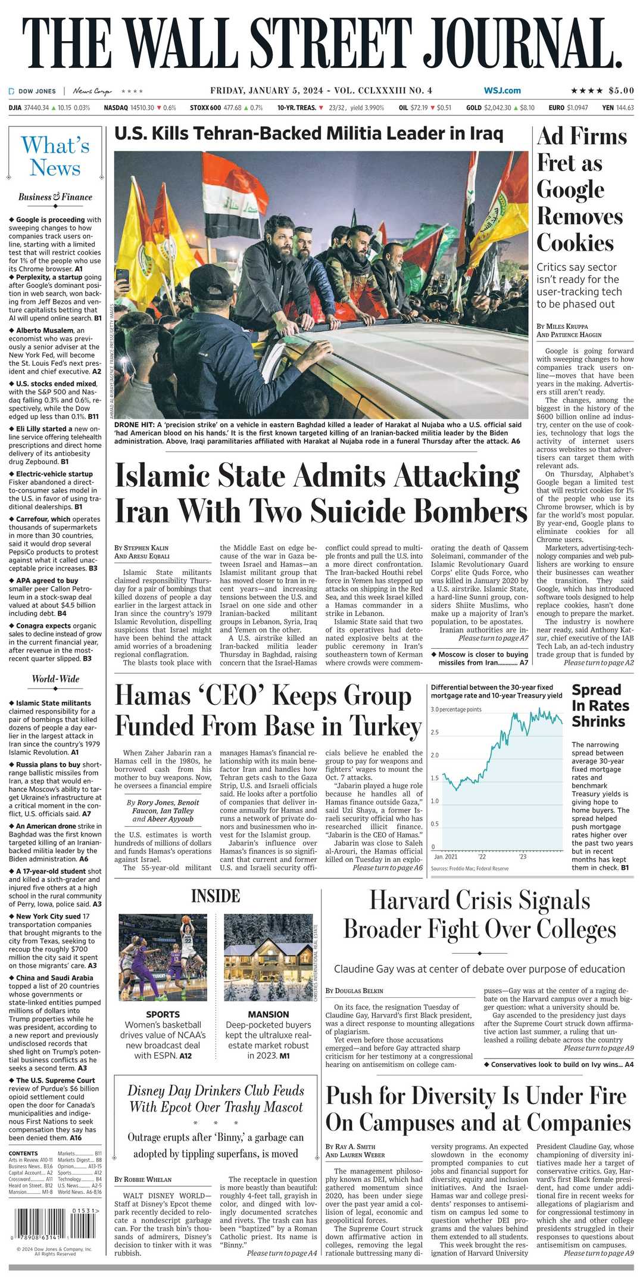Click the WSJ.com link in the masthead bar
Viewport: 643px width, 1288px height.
tap(502, 91)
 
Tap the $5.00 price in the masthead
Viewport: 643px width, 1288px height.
tap(621, 91)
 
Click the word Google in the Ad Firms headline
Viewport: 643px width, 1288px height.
tap(570, 189)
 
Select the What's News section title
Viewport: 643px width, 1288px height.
tap(55, 156)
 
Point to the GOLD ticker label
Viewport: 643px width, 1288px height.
tap(473, 108)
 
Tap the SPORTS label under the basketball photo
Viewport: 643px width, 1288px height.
tap(163, 1014)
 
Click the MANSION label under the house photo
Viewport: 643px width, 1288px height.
tap(269, 1014)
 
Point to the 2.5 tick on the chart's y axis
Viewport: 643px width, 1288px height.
tap(435, 732)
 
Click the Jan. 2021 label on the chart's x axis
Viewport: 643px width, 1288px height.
tap(445, 857)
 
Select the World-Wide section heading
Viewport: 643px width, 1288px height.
tap(55, 679)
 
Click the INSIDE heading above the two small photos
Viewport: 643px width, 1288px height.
tap(216, 896)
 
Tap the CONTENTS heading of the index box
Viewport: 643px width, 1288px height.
tap(23, 1153)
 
